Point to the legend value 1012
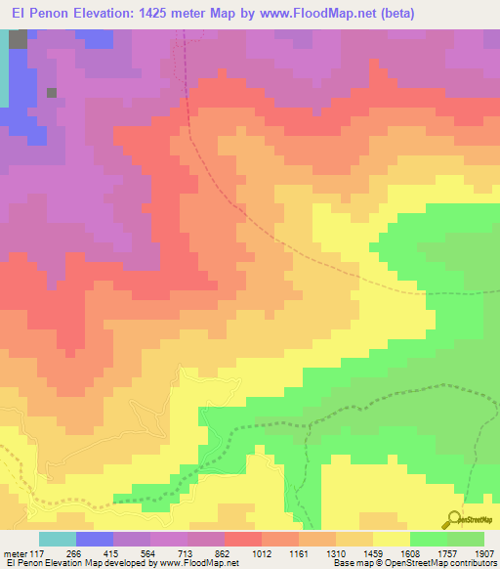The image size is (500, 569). (x=261, y=553)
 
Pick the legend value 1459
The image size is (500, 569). (x=372, y=553)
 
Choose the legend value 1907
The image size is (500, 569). (x=483, y=553)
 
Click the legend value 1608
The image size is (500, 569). (x=409, y=553)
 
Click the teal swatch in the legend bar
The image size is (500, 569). (x=58, y=539)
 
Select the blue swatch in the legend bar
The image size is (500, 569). (x=95, y=539)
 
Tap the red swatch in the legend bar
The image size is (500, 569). (x=242, y=539)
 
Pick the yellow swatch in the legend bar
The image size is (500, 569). (x=391, y=539)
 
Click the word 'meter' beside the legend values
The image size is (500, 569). (x=15, y=553)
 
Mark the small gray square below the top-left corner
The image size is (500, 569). (x=52, y=93)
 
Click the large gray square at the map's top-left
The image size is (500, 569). (x=18, y=39)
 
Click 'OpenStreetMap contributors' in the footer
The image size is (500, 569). (x=446, y=564)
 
